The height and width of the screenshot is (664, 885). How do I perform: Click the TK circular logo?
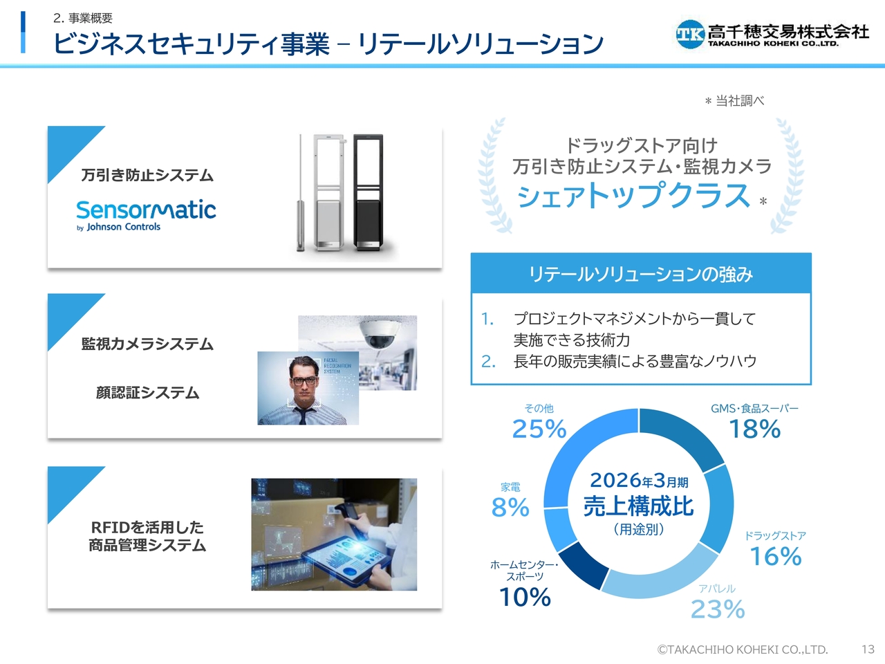[690, 35]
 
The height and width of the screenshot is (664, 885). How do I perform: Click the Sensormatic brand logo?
[146, 216]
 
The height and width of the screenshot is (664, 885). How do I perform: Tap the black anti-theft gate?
[368, 193]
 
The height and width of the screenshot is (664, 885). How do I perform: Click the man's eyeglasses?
[304, 380]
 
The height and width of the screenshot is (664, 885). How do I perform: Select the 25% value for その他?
[539, 429]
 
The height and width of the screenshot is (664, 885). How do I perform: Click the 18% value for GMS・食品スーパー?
[755, 429]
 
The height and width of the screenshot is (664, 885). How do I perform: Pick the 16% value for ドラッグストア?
[776, 556]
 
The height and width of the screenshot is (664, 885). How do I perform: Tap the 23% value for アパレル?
[718, 609]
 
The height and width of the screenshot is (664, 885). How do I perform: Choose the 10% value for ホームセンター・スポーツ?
[525, 597]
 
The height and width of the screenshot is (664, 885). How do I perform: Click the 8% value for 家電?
[510, 507]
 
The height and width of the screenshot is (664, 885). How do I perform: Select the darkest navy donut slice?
[581, 564]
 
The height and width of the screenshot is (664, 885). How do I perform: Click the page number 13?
[868, 649]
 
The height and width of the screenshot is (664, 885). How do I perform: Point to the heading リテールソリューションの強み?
[641, 274]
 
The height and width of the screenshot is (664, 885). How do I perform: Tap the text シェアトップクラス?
[633, 196]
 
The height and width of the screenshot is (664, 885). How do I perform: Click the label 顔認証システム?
[147, 392]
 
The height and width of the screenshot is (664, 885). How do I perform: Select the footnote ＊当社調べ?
[734, 101]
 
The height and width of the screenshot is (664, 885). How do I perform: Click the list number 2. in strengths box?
[488, 362]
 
